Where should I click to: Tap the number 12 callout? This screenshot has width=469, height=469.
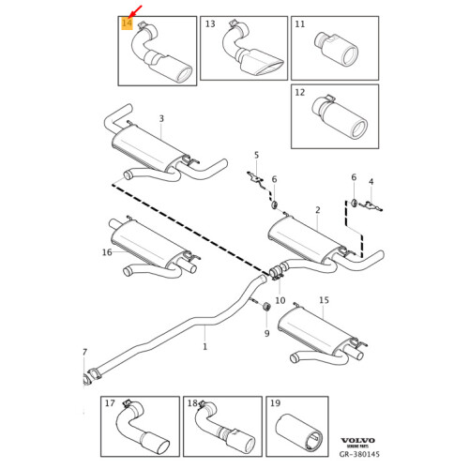[x=300, y=94]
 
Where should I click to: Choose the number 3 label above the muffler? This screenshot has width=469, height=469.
[x=160, y=119]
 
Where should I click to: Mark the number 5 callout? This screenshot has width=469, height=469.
[x=255, y=154]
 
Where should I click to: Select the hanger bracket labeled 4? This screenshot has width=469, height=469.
[x=372, y=202]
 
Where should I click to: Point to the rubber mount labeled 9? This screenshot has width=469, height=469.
[x=265, y=306]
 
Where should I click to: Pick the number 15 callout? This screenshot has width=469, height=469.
[x=324, y=301]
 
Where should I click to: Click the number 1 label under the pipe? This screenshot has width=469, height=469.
[x=204, y=346]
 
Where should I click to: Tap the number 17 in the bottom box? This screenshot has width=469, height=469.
[x=111, y=404]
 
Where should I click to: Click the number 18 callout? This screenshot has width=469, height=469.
[x=193, y=404]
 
